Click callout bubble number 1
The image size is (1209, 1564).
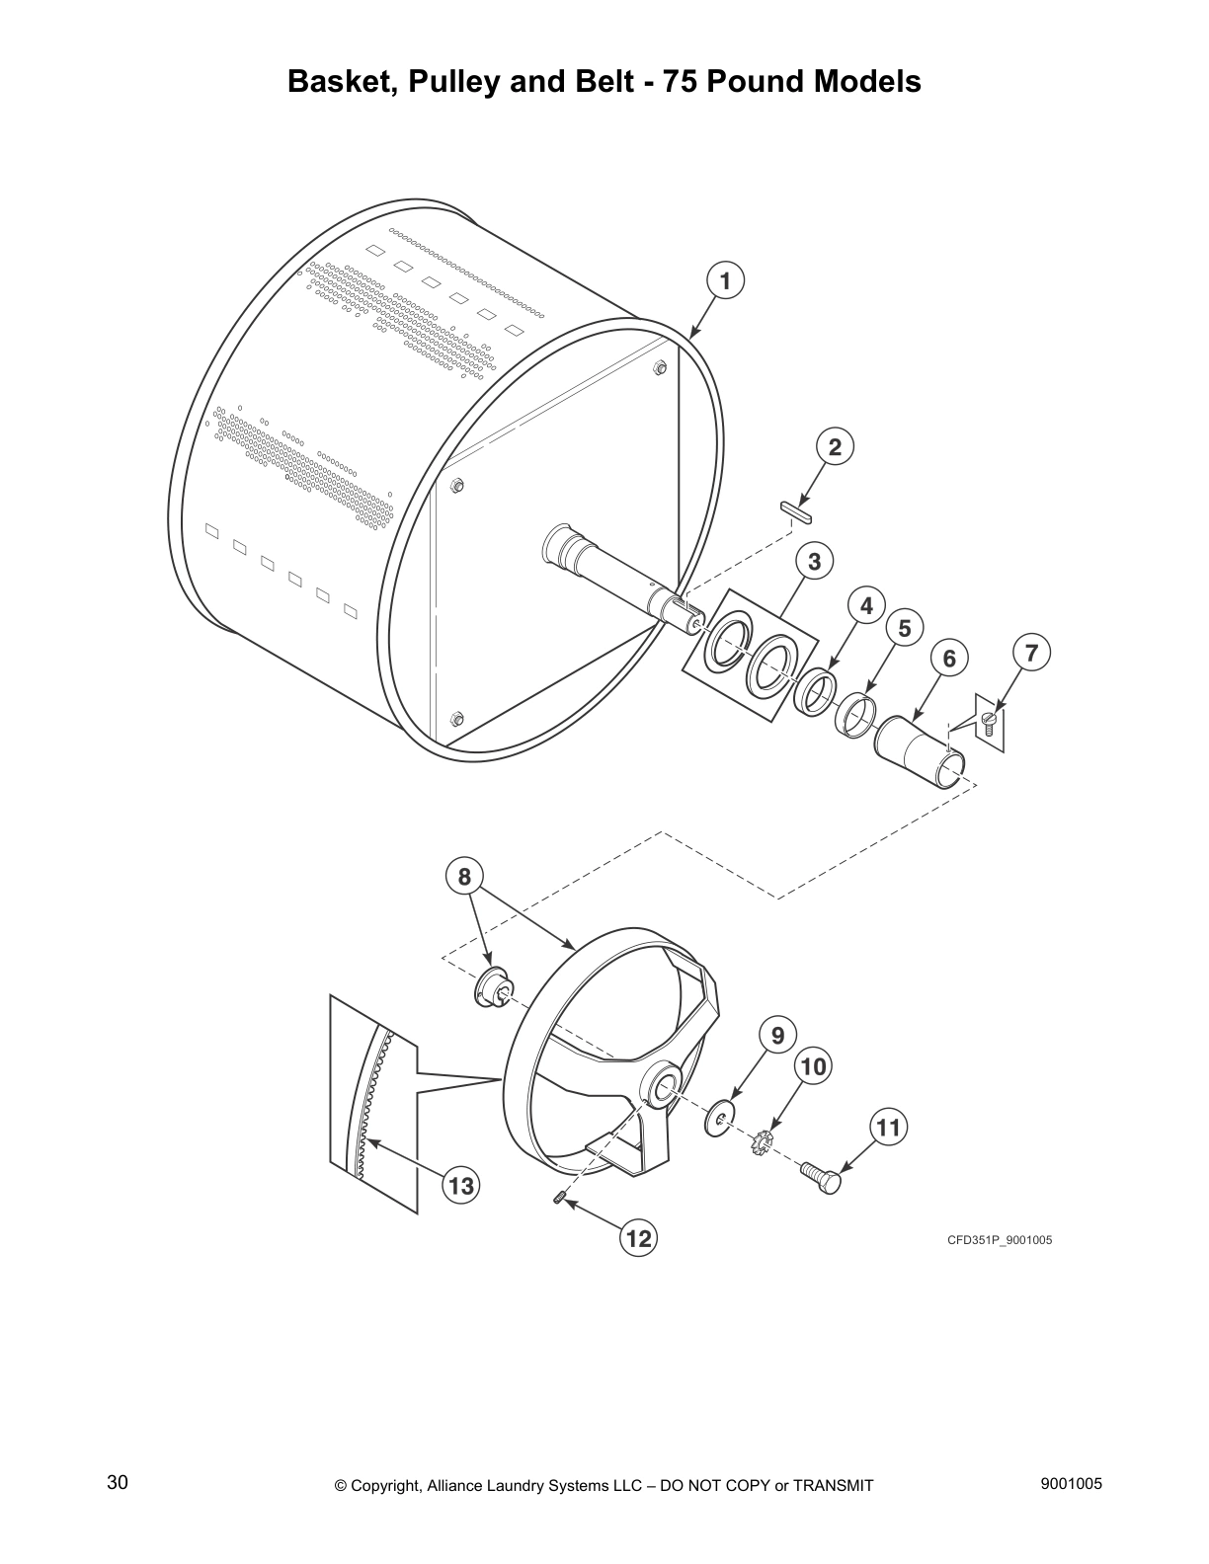[725, 281]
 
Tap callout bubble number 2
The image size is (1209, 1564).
[835, 447]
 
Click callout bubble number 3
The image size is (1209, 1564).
[814, 562]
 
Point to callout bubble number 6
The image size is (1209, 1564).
[949, 659]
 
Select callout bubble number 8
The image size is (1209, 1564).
[464, 875]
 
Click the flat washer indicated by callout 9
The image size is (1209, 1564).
[720, 1118]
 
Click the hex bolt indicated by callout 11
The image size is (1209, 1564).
[820, 1175]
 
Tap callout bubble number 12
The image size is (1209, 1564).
[639, 1237]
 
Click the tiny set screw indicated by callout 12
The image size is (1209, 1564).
[559, 1199]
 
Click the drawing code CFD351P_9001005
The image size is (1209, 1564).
[1000, 1240]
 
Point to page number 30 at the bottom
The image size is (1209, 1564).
[117, 1483]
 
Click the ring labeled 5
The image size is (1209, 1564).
[855, 714]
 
